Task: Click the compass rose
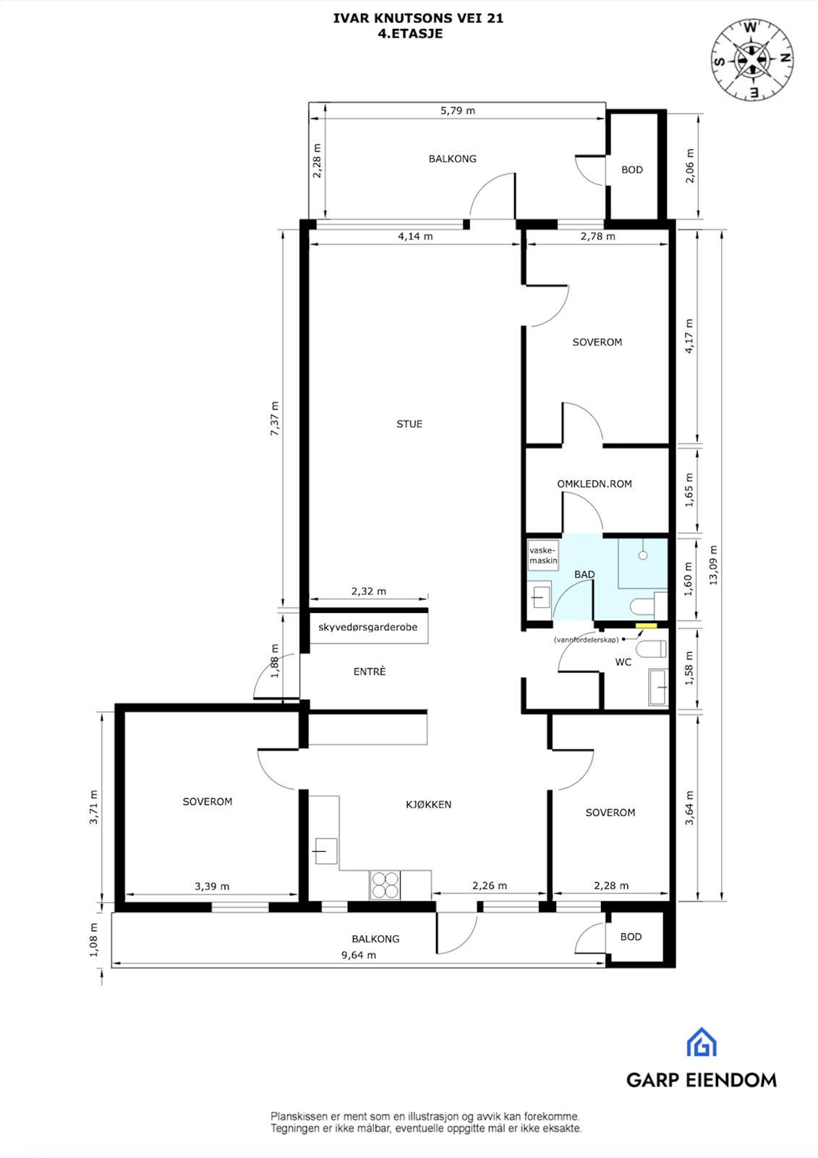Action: tap(751, 60)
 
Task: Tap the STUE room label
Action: tap(409, 424)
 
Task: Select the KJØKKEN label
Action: tap(428, 804)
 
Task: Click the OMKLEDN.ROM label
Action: tap(594, 483)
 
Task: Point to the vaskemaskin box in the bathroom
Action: tap(542, 555)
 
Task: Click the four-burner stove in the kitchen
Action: tap(385, 884)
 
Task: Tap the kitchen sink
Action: tap(325, 850)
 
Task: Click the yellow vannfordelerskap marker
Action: tap(646, 626)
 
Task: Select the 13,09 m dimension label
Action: tap(714, 565)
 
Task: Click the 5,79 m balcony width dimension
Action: tap(458, 111)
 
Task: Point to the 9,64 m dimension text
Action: tap(359, 955)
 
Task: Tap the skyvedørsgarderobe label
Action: tap(368, 627)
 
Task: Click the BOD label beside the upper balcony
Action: tap(632, 170)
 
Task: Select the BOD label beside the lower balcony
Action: tap(631, 937)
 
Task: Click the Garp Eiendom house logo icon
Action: tap(702, 1042)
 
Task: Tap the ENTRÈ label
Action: tap(370, 672)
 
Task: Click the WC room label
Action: tap(623, 662)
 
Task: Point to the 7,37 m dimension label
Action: tap(274, 418)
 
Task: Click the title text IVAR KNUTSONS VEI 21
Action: tap(418, 19)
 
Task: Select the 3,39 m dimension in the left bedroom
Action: tap(212, 886)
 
